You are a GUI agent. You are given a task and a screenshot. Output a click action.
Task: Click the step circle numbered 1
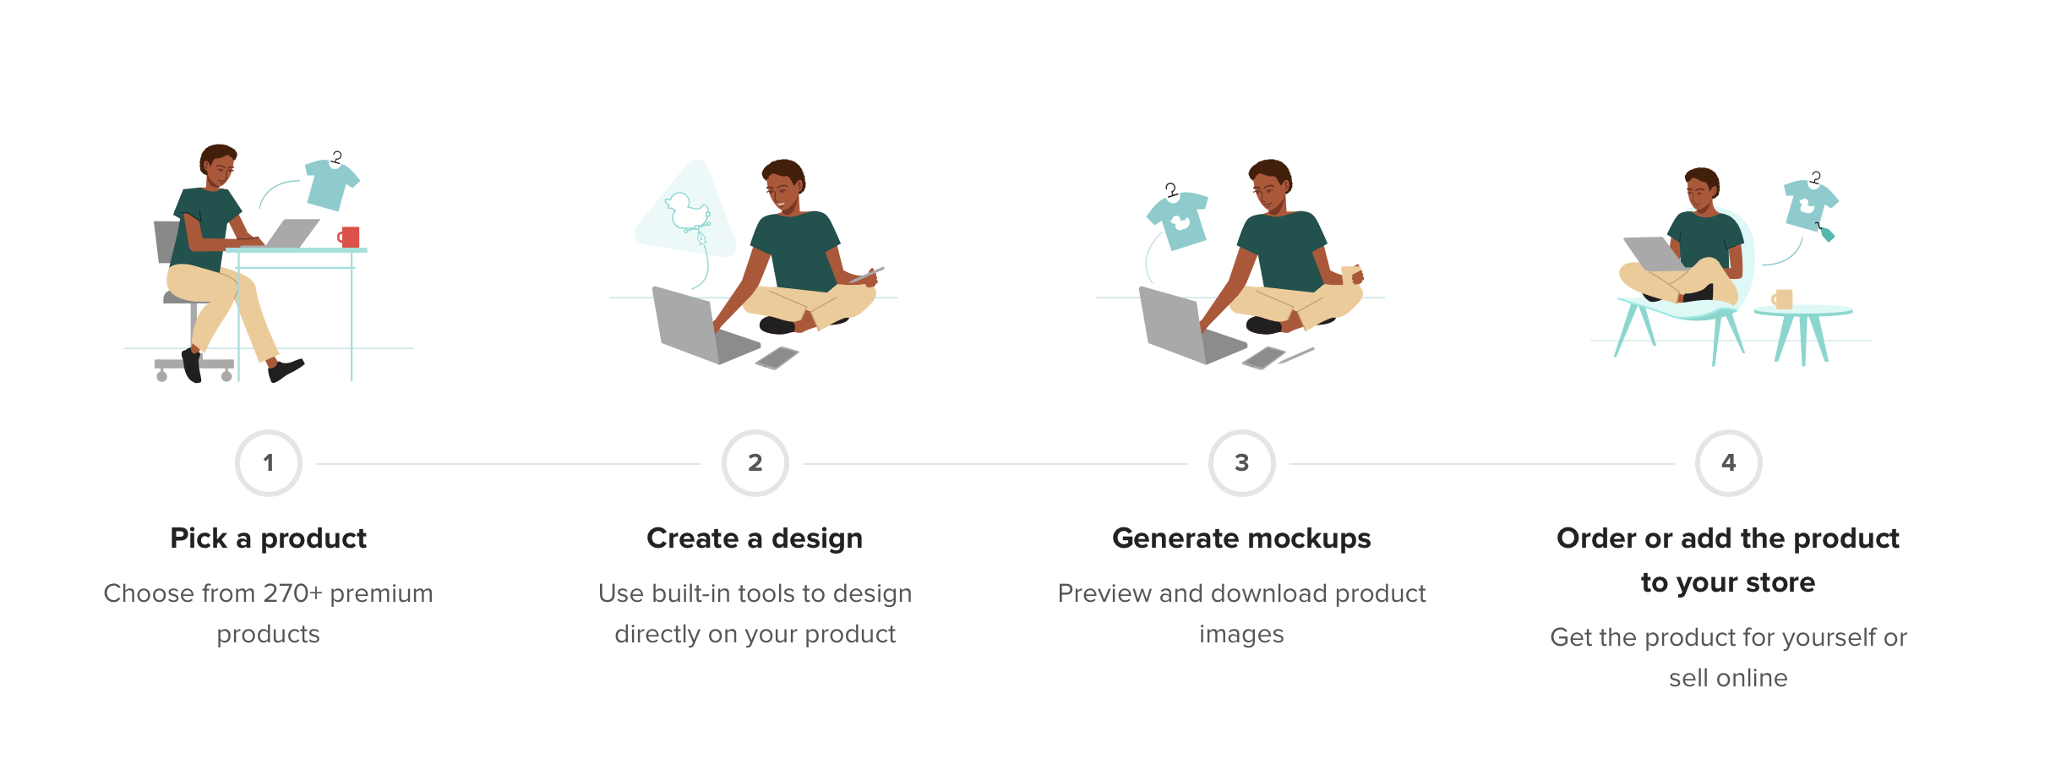tap(269, 463)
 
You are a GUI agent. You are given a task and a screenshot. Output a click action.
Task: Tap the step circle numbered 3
tap(1242, 463)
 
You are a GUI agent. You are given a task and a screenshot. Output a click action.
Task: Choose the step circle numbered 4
tap(1729, 463)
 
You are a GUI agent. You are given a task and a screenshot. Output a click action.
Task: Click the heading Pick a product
tap(269, 538)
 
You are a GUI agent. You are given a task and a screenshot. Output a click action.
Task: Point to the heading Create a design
tap(755, 538)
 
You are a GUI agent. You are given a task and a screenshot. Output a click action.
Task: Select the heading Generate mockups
tap(1241, 538)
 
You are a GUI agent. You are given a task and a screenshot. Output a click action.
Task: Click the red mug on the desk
tap(349, 237)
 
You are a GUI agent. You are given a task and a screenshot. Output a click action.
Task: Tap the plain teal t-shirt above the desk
tap(332, 183)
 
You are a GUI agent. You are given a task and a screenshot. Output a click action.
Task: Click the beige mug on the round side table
tap(1782, 299)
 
